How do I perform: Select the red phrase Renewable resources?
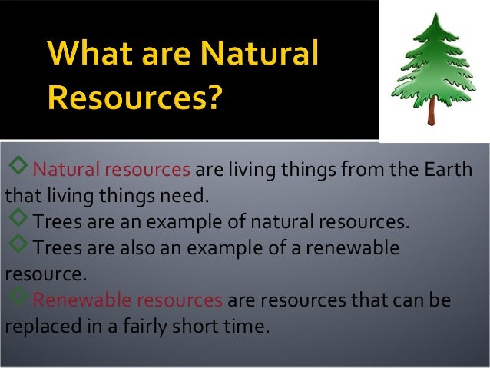(127, 299)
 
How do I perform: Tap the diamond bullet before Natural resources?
(18, 167)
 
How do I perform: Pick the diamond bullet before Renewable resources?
(18, 297)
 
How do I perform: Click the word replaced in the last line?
(38, 326)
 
